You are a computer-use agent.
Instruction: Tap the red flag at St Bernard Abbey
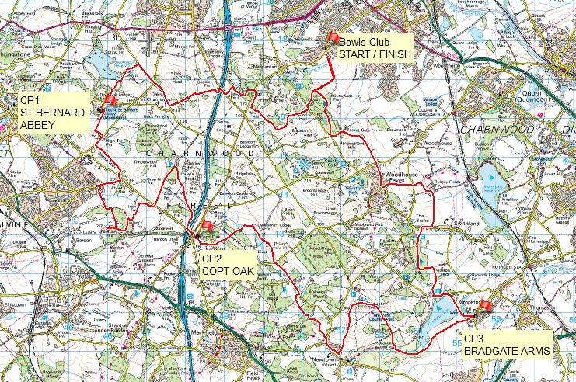click(110, 99)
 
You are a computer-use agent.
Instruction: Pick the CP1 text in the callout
click(29, 101)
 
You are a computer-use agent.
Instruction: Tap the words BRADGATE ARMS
click(506, 351)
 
